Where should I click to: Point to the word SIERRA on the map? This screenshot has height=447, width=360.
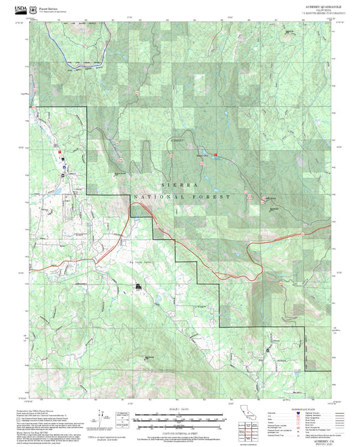(180, 184)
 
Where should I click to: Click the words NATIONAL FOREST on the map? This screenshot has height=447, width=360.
(183, 196)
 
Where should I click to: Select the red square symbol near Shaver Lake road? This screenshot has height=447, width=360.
(215, 157)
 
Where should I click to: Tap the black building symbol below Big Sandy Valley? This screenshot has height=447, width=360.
(138, 288)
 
